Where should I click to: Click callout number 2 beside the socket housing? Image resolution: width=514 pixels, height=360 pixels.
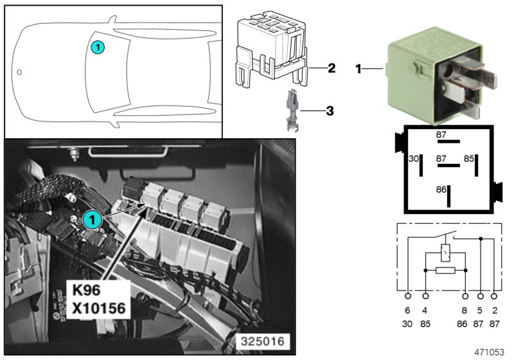[x=332, y=67]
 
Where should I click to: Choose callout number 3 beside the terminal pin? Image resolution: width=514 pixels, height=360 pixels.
[x=330, y=111]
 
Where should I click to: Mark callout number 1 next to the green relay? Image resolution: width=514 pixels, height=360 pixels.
[x=360, y=68]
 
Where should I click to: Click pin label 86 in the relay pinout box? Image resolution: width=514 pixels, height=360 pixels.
[x=440, y=190]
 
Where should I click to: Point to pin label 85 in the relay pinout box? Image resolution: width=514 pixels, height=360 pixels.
[x=469, y=158]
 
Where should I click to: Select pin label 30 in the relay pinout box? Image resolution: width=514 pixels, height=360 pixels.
[x=414, y=158]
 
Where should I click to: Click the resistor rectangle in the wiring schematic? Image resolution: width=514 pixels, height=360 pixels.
[x=445, y=271]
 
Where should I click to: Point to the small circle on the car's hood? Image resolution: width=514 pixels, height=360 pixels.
[x=20, y=71]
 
